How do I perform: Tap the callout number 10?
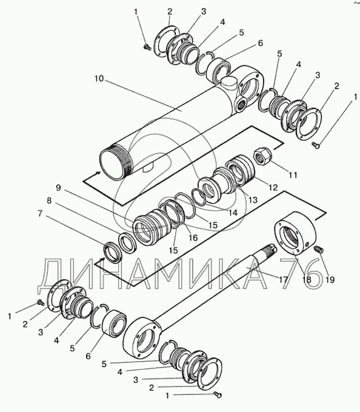pyautogui.click(x=99, y=79)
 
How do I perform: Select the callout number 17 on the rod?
pyautogui.click(x=284, y=279)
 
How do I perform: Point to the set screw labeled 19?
pyautogui.click(x=319, y=249)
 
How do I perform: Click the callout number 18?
pyautogui.click(x=307, y=279)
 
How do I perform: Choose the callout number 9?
pyautogui.click(x=58, y=188)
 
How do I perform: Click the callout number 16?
pyautogui.click(x=193, y=238)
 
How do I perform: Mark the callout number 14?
pyautogui.click(x=233, y=212)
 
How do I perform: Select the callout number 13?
pyautogui.click(x=253, y=200)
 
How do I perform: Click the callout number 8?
pyautogui.click(x=49, y=201)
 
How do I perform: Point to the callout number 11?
pyautogui.click(x=293, y=174)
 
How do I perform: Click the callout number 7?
pyautogui.click(x=40, y=213)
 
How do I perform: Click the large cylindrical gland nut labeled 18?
pyautogui.click(x=295, y=233)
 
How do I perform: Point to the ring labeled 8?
pyautogui.click(x=127, y=243)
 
